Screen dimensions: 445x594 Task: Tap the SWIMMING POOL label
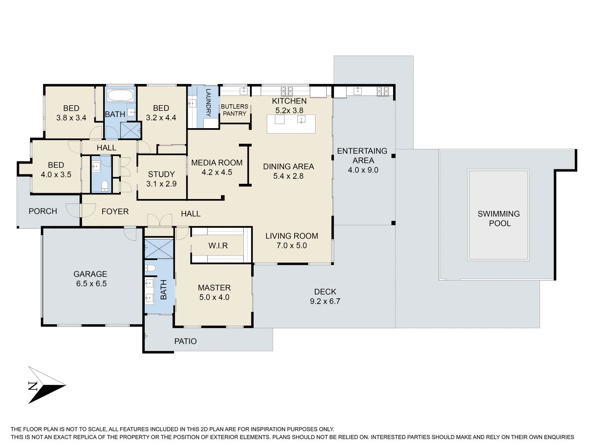499,218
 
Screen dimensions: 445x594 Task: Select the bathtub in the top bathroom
120,96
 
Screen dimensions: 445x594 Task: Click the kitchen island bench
291,124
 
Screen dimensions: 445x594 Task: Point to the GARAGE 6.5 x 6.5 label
91,279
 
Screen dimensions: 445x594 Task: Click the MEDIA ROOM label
217,163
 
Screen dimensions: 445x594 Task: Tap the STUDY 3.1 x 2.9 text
161,179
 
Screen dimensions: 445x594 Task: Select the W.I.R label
218,246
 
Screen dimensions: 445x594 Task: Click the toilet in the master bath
150,268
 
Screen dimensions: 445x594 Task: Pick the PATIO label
185,341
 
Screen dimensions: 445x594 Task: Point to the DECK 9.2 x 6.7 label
325,296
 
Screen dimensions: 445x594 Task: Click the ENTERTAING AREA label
363,156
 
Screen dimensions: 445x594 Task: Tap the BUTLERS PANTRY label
234,110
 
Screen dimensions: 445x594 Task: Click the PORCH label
43,211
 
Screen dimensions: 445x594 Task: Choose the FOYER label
115,211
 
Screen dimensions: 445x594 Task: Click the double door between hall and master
160,220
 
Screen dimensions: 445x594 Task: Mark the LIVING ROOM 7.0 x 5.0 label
292,241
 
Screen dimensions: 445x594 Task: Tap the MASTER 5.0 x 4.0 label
214,293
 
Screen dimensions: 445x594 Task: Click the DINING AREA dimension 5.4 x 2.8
288,176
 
